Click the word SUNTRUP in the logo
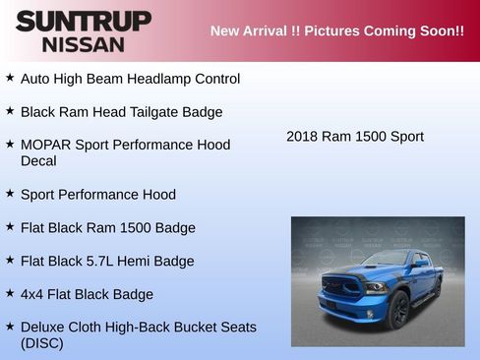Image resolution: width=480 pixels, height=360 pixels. [84, 21]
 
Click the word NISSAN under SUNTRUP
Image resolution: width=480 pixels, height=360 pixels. [84, 43]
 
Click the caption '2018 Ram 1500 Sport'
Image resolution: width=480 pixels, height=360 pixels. [355, 136]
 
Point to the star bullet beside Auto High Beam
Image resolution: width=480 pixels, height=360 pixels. [10, 77]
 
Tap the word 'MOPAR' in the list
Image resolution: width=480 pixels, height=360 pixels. [46, 145]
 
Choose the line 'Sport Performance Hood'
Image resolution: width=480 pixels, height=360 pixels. [98, 194]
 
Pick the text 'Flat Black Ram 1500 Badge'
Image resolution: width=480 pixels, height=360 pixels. [108, 227]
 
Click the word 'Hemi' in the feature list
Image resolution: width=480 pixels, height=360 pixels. [128, 261]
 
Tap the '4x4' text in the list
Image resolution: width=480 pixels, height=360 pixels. [31, 294]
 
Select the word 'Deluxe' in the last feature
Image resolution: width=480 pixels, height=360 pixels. [45, 327]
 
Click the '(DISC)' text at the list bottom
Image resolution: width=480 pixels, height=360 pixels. [42, 343]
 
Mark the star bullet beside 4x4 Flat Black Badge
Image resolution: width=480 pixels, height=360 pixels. [10, 293]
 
